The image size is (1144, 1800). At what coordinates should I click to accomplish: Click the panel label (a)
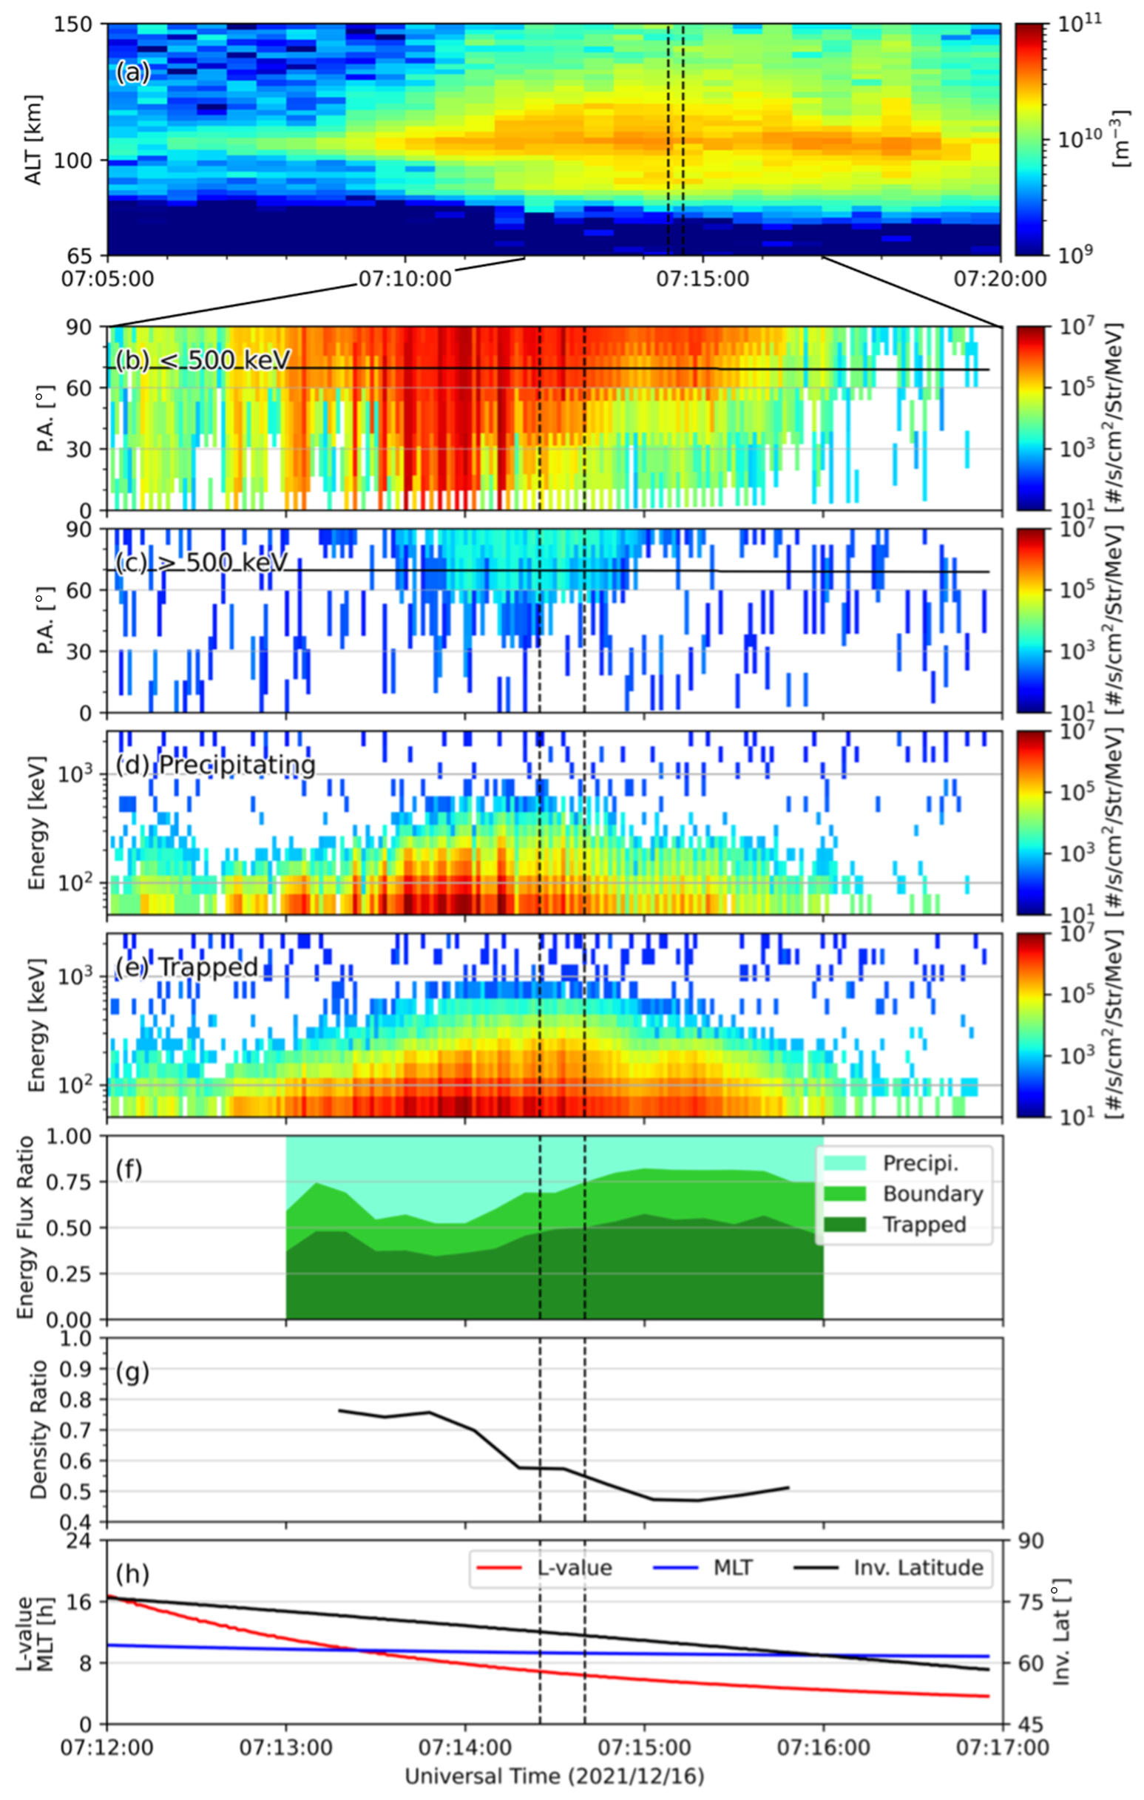[132, 72]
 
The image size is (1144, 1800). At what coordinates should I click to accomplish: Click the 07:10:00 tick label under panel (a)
[405, 280]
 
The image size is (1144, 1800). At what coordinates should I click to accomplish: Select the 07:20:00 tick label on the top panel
[1000, 280]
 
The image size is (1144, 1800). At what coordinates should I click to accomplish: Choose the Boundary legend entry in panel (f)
[933, 1194]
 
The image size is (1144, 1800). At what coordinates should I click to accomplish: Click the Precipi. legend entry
[921, 1163]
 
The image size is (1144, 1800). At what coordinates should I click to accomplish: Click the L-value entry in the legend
[575, 1568]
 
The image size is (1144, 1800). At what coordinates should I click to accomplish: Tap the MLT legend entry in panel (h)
[733, 1568]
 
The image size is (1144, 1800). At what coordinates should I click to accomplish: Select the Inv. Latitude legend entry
[918, 1568]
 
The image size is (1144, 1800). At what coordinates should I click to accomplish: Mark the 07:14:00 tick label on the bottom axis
[465, 1748]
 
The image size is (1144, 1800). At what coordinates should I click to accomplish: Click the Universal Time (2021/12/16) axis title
[554, 1777]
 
